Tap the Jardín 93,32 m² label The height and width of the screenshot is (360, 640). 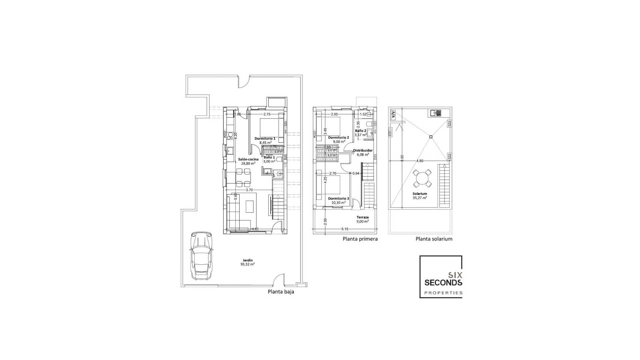pyautogui.click(x=248, y=262)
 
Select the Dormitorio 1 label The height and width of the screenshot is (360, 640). pyautogui.click(x=265, y=140)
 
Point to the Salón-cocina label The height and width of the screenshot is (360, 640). pyautogui.click(x=248, y=161)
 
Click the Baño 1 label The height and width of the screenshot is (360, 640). pyautogui.click(x=269, y=159)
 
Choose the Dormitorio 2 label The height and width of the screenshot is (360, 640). pyautogui.click(x=338, y=139)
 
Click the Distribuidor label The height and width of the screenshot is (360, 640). pyautogui.click(x=363, y=152)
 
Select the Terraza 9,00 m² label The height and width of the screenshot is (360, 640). pyautogui.click(x=362, y=219)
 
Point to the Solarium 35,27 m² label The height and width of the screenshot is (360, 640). pyautogui.click(x=420, y=196)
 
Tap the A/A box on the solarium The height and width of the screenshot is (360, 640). pyautogui.click(x=393, y=115)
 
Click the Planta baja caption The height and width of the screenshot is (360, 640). pyautogui.click(x=281, y=292)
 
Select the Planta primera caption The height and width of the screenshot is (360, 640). pyautogui.click(x=360, y=239)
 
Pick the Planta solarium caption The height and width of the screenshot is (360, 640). pyautogui.click(x=434, y=239)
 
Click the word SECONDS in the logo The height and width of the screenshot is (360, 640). pyautogui.click(x=443, y=283)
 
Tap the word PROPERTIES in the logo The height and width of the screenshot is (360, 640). pyautogui.click(x=443, y=293)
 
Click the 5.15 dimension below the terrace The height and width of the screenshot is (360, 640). pyautogui.click(x=345, y=229)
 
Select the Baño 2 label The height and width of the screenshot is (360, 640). pyautogui.click(x=361, y=133)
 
